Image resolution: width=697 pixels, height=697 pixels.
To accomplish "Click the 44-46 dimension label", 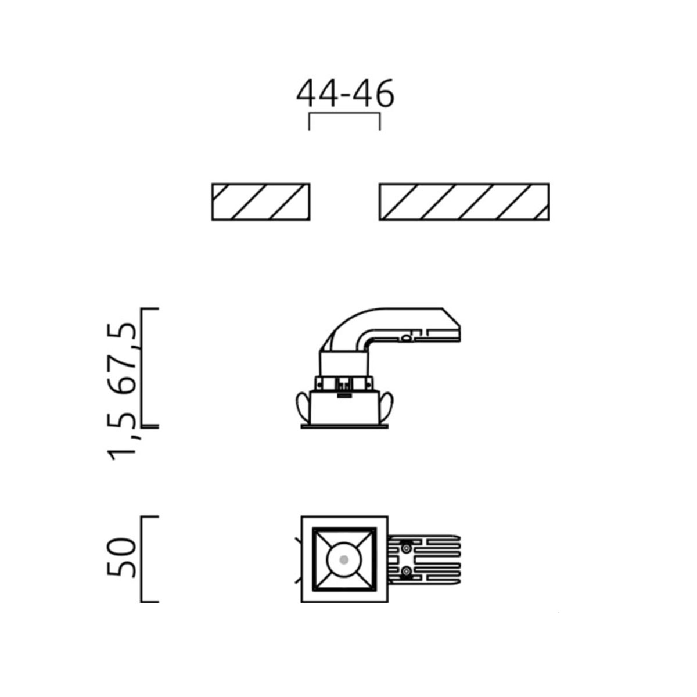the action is tap(345, 94).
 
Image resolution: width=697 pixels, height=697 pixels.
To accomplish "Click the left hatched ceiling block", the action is tap(261, 202).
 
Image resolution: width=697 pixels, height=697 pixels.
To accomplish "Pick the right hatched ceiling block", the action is tap(465, 202).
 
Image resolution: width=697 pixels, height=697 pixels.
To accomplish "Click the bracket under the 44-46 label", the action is tap(344, 114).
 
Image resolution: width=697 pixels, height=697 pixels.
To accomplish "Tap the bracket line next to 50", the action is tap(141, 559).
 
